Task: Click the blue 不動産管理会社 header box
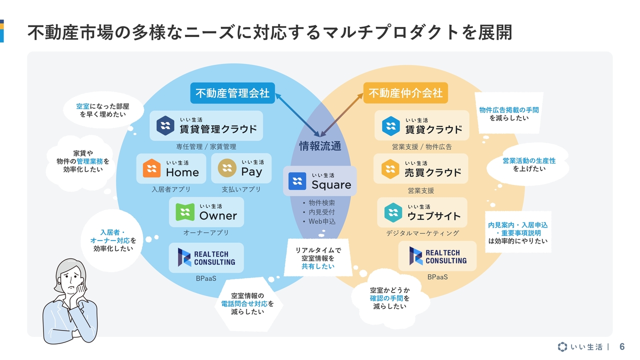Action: [x=232, y=93]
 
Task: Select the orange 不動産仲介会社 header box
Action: [x=405, y=93]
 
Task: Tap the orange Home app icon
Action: [x=151, y=168]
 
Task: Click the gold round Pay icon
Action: [x=227, y=168]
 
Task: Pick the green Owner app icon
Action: [x=185, y=212]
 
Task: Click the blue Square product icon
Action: [x=297, y=181]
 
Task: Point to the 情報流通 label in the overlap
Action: [x=320, y=146]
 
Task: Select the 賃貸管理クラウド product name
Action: [x=218, y=129]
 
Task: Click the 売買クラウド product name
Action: [x=433, y=172]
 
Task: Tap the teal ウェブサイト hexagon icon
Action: [x=393, y=212]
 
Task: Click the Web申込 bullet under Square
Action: [x=322, y=221]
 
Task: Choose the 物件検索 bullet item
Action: [x=321, y=203]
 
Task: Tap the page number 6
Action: [x=622, y=346]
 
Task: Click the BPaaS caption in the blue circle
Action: [x=206, y=278]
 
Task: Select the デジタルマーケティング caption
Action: [x=422, y=233]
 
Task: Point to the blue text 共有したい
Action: [x=318, y=266]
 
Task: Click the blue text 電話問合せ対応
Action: [x=244, y=303]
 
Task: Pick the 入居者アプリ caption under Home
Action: [x=171, y=189]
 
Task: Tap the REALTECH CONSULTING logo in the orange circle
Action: [x=437, y=256]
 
